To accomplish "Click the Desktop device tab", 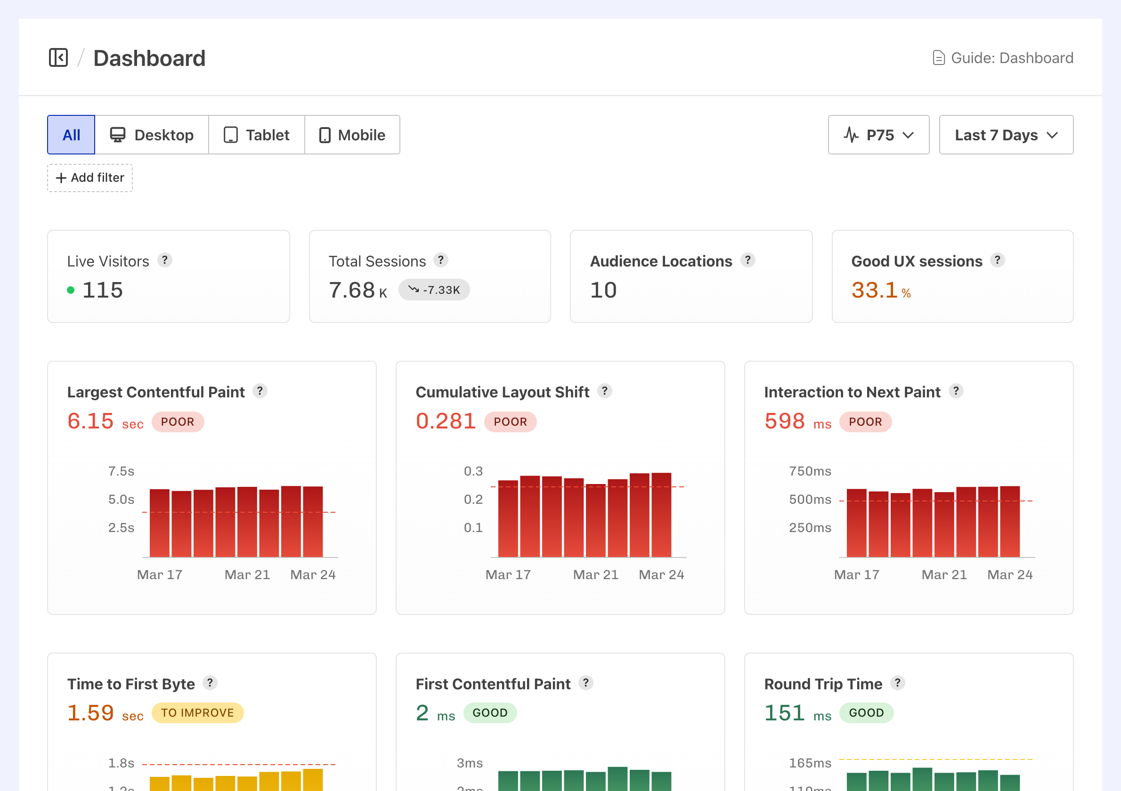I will click(x=151, y=135).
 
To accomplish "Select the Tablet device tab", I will click(x=256, y=135).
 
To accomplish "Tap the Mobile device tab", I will click(x=352, y=135).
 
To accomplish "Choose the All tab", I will click(x=71, y=135).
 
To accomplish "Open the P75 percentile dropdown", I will click(x=878, y=135).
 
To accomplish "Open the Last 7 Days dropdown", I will click(x=1005, y=135).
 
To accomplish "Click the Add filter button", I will click(x=90, y=178).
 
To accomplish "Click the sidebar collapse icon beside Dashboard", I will click(x=58, y=57).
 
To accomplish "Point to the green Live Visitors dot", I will click(x=71, y=291).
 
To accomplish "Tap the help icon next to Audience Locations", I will click(x=747, y=260).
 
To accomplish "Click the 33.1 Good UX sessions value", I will click(x=874, y=291).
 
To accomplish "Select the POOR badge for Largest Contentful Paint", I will click(x=177, y=421).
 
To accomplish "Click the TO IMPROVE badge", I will click(x=197, y=713).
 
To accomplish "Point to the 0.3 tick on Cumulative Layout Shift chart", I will click(x=472, y=471).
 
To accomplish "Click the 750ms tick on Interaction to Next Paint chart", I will click(x=810, y=471).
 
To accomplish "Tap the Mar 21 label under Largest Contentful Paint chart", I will click(x=247, y=575).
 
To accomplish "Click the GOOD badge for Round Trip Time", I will click(x=866, y=713).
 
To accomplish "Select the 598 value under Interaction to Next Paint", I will click(x=784, y=421).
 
